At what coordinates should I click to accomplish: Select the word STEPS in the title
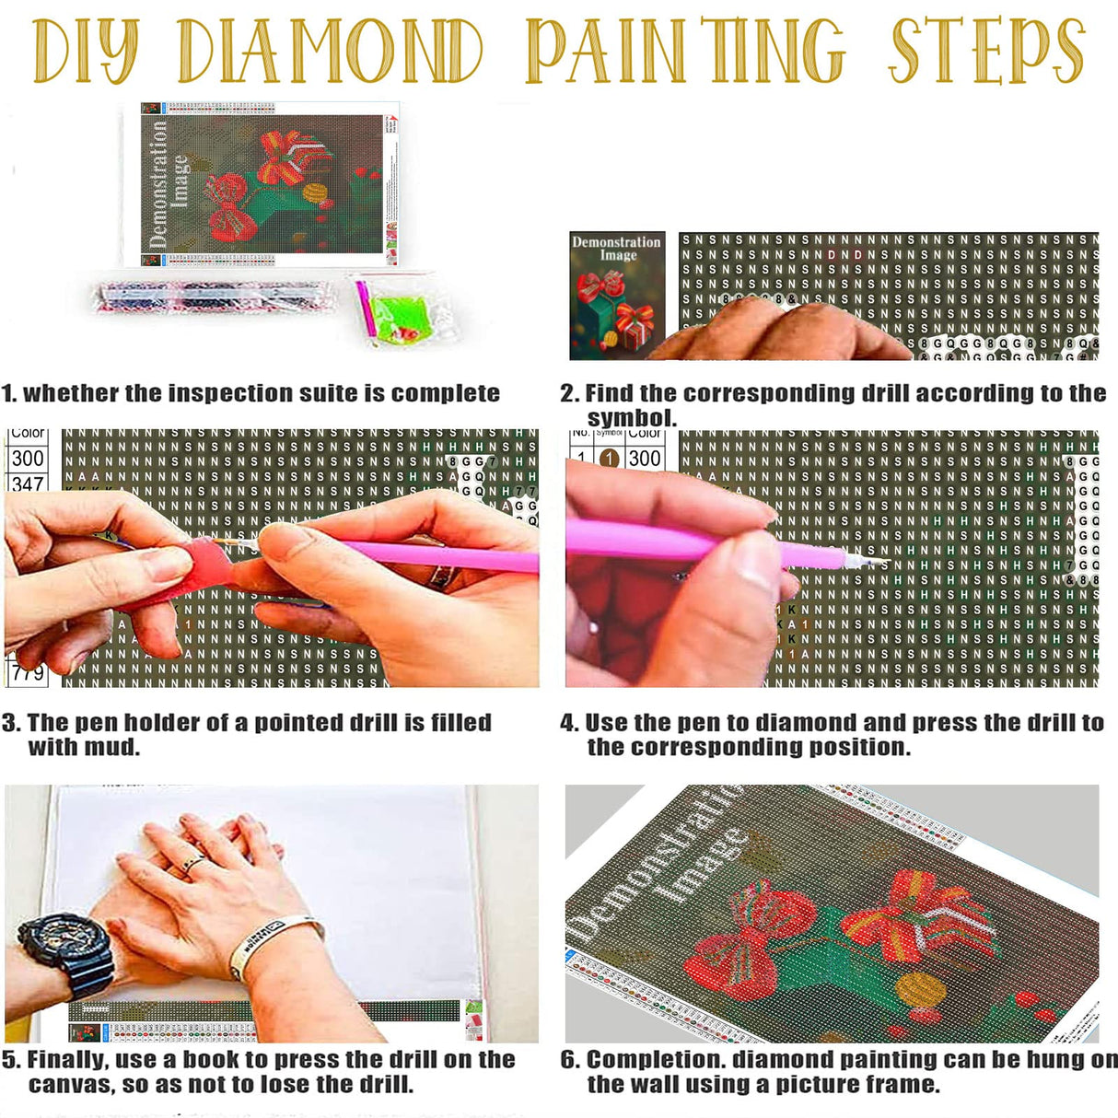[986, 51]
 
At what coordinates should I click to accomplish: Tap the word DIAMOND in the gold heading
[331, 51]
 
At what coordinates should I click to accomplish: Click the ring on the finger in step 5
[192, 863]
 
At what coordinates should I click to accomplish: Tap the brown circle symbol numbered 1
[609, 458]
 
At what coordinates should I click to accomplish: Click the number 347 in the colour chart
[28, 483]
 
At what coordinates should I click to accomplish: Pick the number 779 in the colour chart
[28, 673]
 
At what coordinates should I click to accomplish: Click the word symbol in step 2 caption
[630, 418]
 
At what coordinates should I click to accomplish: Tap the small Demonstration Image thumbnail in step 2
[616, 295]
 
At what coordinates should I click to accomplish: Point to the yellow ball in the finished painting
[919, 991]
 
